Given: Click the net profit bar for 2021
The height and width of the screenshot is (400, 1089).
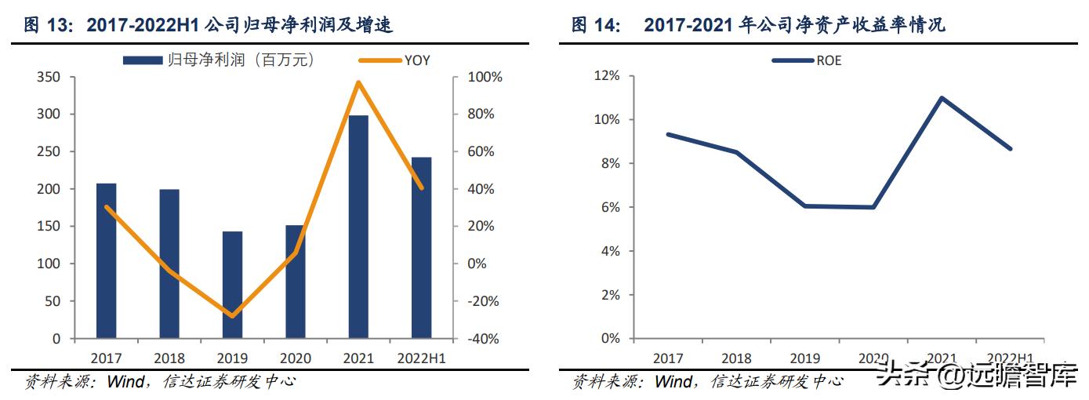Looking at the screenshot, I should (x=358, y=227).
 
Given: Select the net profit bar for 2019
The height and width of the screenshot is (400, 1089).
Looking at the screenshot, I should (x=232, y=285).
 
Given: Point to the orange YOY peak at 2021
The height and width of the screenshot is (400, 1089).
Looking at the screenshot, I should (x=358, y=82).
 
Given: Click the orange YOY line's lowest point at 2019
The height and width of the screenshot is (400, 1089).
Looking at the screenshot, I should (x=232, y=316).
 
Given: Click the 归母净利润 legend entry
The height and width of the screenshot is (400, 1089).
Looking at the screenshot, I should (x=219, y=60).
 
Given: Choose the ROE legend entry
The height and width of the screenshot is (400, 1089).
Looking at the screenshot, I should (x=807, y=60).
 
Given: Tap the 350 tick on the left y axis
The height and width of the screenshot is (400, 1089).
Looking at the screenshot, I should (x=49, y=77).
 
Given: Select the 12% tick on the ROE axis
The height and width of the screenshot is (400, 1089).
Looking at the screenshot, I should (x=607, y=76).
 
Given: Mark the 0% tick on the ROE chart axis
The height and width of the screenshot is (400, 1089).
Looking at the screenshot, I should (x=610, y=339).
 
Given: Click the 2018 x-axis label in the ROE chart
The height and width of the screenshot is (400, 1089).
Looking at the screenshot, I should (x=736, y=358).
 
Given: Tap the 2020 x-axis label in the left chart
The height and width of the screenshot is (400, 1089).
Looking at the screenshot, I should (x=296, y=358).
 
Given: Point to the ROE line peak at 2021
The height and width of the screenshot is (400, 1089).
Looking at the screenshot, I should (x=941, y=98).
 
